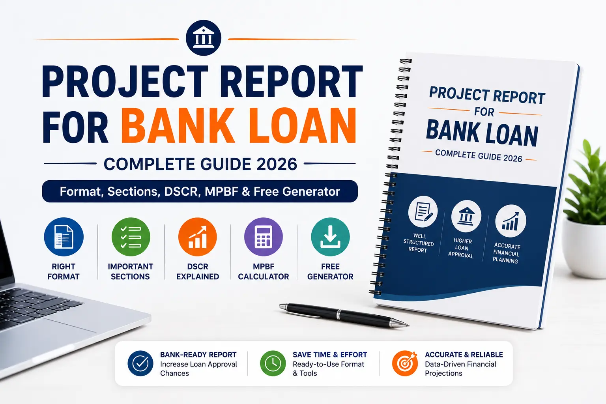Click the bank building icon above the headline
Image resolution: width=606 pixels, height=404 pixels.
[x=204, y=38]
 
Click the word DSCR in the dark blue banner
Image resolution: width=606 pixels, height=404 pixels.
[x=181, y=191]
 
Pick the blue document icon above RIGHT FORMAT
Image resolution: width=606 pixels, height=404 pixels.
[x=64, y=237]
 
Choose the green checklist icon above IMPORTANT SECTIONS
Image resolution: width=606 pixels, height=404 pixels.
[x=131, y=237]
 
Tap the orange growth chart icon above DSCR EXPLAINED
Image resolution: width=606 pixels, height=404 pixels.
[x=198, y=237]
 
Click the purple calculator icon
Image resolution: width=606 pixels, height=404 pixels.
[x=264, y=237]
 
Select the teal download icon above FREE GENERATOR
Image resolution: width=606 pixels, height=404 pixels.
[x=330, y=237]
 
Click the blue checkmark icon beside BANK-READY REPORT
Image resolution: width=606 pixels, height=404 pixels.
[x=140, y=363]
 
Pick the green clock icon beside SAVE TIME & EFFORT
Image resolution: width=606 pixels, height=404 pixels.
[x=273, y=363]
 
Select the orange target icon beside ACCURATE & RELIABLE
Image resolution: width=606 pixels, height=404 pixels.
[x=405, y=363]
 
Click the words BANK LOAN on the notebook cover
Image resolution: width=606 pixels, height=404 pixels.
[x=482, y=133]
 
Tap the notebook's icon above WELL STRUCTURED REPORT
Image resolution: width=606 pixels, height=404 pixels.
[x=423, y=211]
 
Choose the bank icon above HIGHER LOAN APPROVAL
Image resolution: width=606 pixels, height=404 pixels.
[x=466, y=216]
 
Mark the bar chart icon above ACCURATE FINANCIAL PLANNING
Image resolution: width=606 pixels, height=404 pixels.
[x=511, y=221]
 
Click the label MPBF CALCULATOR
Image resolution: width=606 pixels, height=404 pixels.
[x=264, y=271]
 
